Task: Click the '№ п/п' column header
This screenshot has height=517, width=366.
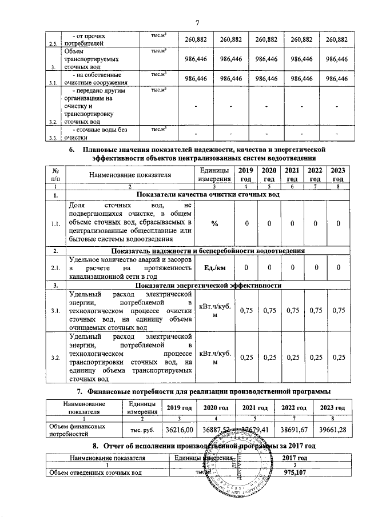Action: click(56, 175)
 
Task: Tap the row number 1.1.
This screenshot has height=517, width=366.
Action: click(56, 223)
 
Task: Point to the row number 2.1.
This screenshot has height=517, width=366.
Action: click(56, 267)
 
